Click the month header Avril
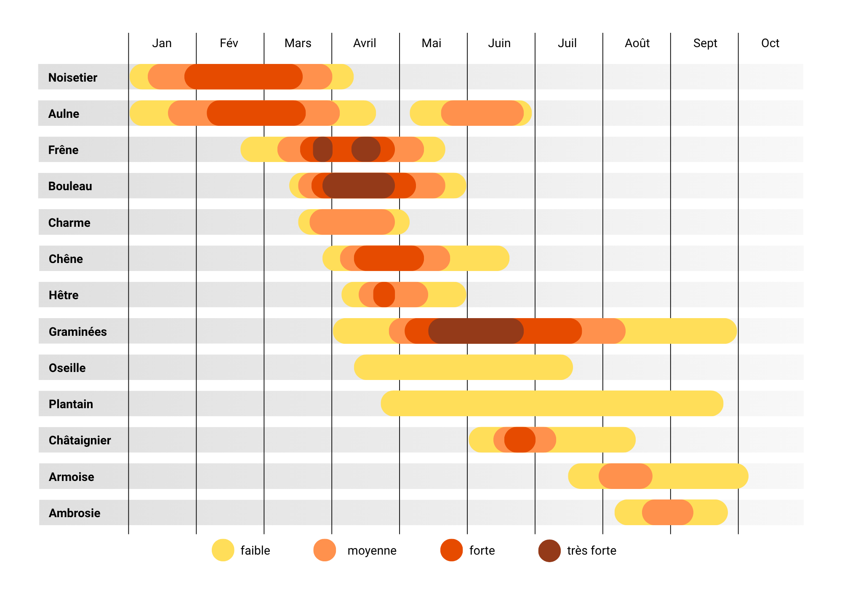pyautogui.click(x=365, y=43)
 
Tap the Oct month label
pyautogui.click(x=770, y=43)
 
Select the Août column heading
pyautogui.click(x=637, y=43)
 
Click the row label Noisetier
pyautogui.click(x=72, y=77)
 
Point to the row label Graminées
pyautogui.click(x=77, y=332)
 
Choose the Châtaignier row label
pyautogui.click(x=80, y=440)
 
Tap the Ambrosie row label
pyautogui.click(x=75, y=513)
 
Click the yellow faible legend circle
pyautogui.click(x=223, y=550)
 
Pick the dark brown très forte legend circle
pyautogui.click(x=549, y=550)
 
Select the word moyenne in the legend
pyautogui.click(x=372, y=550)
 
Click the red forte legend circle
pyautogui.click(x=451, y=550)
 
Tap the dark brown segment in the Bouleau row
pyautogui.click(x=358, y=186)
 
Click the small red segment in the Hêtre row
pyautogui.click(x=384, y=295)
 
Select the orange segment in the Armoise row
pyautogui.click(x=625, y=476)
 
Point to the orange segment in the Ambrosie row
pyautogui.click(x=667, y=512)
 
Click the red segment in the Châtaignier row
pyautogui.click(x=520, y=440)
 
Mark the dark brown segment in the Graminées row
pyautogui.click(x=476, y=331)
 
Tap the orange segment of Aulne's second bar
pyautogui.click(x=482, y=113)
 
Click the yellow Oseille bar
pyautogui.click(x=463, y=367)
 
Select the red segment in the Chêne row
pyautogui.click(x=389, y=258)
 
